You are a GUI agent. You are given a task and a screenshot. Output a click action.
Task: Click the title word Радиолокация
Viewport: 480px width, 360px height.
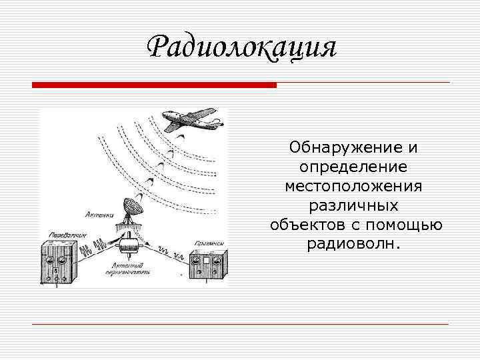point(241,47)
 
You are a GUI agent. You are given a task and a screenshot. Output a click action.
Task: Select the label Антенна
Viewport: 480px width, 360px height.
point(99,215)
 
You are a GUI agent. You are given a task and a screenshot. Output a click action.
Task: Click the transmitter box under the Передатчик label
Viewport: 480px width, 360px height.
point(59,260)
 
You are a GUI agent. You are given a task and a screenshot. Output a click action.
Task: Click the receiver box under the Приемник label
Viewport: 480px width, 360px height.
point(207,266)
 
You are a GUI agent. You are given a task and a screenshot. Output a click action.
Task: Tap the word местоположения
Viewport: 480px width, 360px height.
point(356,185)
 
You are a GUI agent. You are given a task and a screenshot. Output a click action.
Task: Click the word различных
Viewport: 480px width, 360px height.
point(356,204)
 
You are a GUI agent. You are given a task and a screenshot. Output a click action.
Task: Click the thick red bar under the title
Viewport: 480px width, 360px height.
point(153,85)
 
